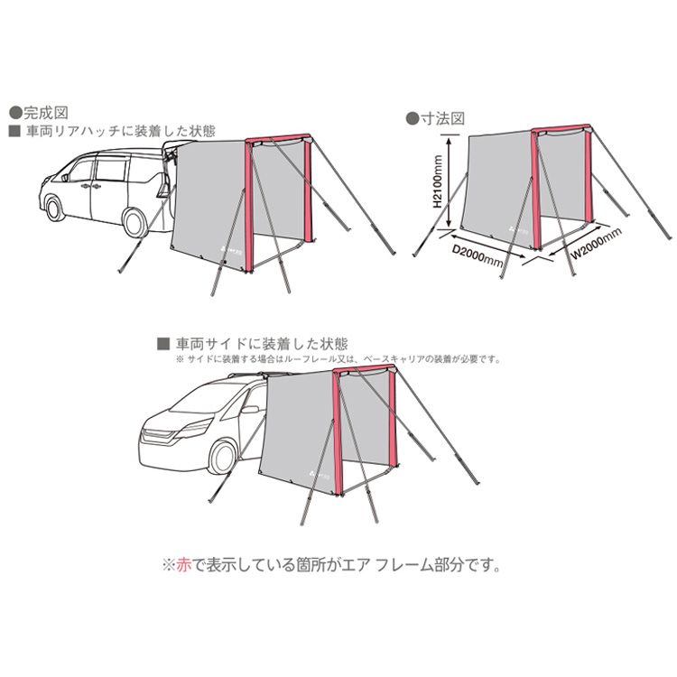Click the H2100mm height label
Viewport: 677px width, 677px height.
(x=436, y=181)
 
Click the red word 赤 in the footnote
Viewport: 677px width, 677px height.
(x=181, y=567)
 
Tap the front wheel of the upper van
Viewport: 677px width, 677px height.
(x=56, y=209)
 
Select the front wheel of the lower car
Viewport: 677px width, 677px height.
(x=223, y=457)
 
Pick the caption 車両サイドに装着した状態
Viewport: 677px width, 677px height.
(x=261, y=344)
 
